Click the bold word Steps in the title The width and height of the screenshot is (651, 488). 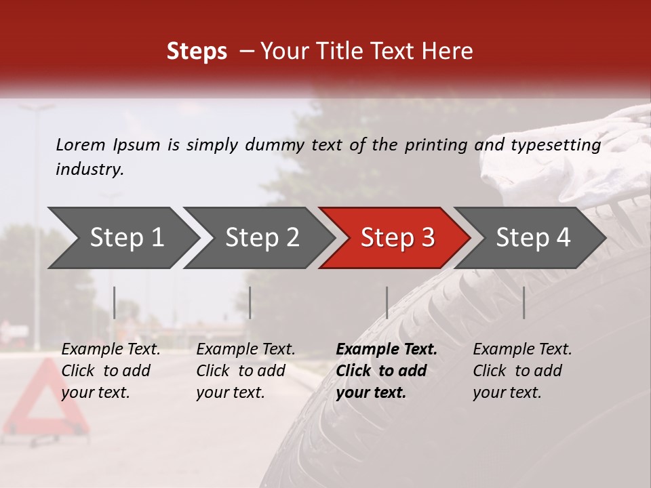tap(197, 52)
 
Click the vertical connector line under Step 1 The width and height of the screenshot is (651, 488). tap(115, 302)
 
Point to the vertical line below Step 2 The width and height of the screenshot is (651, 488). tap(250, 302)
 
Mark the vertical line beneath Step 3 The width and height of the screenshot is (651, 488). tap(387, 302)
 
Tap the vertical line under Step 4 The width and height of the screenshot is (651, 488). tap(524, 302)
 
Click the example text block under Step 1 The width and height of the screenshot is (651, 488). tap(111, 371)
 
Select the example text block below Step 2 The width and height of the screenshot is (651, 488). tap(245, 371)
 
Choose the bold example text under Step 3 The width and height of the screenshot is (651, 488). tap(386, 371)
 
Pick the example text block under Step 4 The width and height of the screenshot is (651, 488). tap(522, 371)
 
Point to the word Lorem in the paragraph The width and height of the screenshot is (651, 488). tap(81, 144)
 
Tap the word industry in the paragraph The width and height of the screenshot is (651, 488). tap(90, 169)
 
